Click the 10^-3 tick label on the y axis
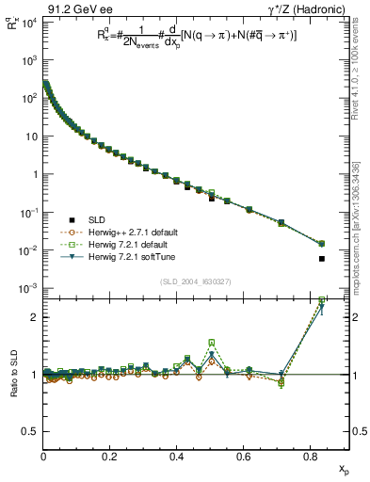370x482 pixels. [x=26, y=288]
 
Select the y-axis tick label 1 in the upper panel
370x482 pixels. [x=34, y=174]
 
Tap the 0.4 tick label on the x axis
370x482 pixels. [x=176, y=456]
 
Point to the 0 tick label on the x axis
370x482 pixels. [x=43, y=456]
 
